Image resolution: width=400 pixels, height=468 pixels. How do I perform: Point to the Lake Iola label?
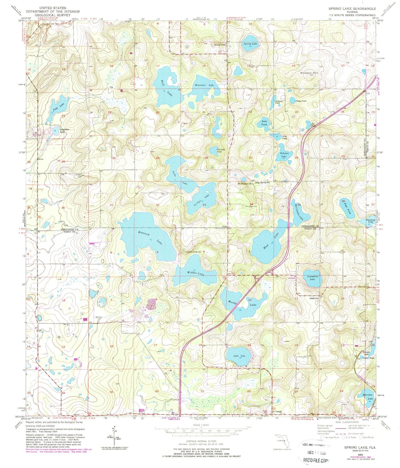(x=239, y=356)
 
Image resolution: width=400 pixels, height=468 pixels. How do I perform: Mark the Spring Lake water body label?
(x=250, y=43)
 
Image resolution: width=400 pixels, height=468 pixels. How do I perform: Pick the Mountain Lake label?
(x=204, y=85)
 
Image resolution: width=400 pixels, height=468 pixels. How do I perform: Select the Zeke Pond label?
(x=264, y=123)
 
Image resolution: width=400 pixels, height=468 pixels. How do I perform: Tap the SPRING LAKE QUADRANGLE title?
(x=352, y=9)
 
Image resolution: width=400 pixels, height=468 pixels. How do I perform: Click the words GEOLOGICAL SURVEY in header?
(x=53, y=15)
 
